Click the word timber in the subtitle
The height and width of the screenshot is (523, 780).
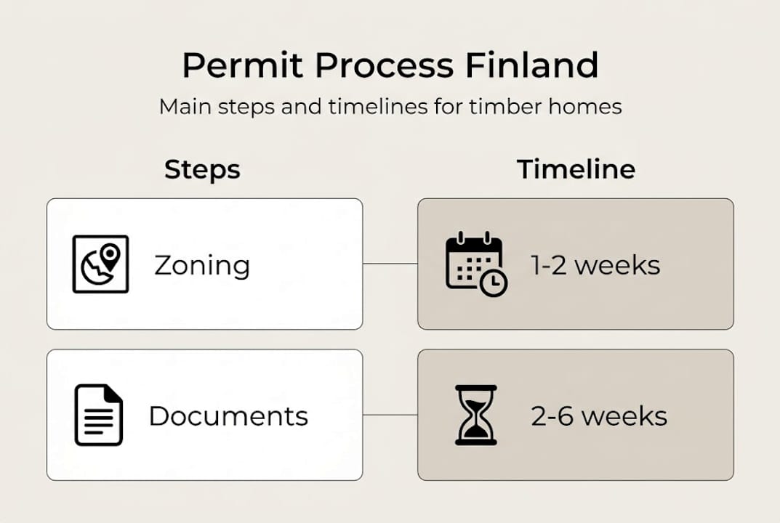[502, 107]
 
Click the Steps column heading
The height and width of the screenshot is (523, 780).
[202, 169]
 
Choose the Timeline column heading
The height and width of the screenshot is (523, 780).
[576, 169]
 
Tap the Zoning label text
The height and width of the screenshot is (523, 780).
[201, 265]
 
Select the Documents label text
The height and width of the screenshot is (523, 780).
[228, 416]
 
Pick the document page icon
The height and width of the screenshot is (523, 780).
[99, 415]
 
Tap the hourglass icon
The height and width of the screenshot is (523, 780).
[475, 415]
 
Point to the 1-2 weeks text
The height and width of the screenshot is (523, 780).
[595, 265]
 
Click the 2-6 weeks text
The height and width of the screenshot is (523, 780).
[598, 416]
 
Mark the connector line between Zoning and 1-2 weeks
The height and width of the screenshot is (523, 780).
[390, 264]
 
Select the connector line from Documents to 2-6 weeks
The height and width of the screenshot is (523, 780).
[390, 415]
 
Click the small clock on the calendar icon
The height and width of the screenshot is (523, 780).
[494, 283]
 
